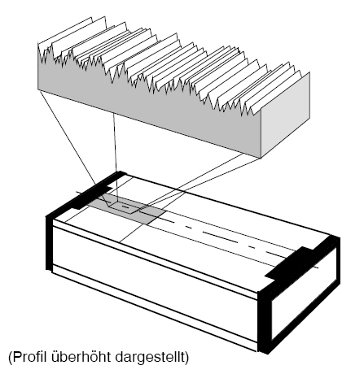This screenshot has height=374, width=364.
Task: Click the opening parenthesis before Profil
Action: click(x=11, y=358)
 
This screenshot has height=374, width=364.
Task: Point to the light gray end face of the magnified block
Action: click(x=286, y=115)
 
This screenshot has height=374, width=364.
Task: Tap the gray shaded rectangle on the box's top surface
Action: click(x=128, y=208)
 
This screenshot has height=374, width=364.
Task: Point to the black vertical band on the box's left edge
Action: click(x=49, y=242)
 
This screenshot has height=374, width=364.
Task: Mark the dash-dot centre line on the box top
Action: click(x=197, y=230)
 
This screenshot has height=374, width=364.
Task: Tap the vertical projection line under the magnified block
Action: click(x=116, y=158)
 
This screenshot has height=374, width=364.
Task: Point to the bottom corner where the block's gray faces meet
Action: click(x=261, y=158)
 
